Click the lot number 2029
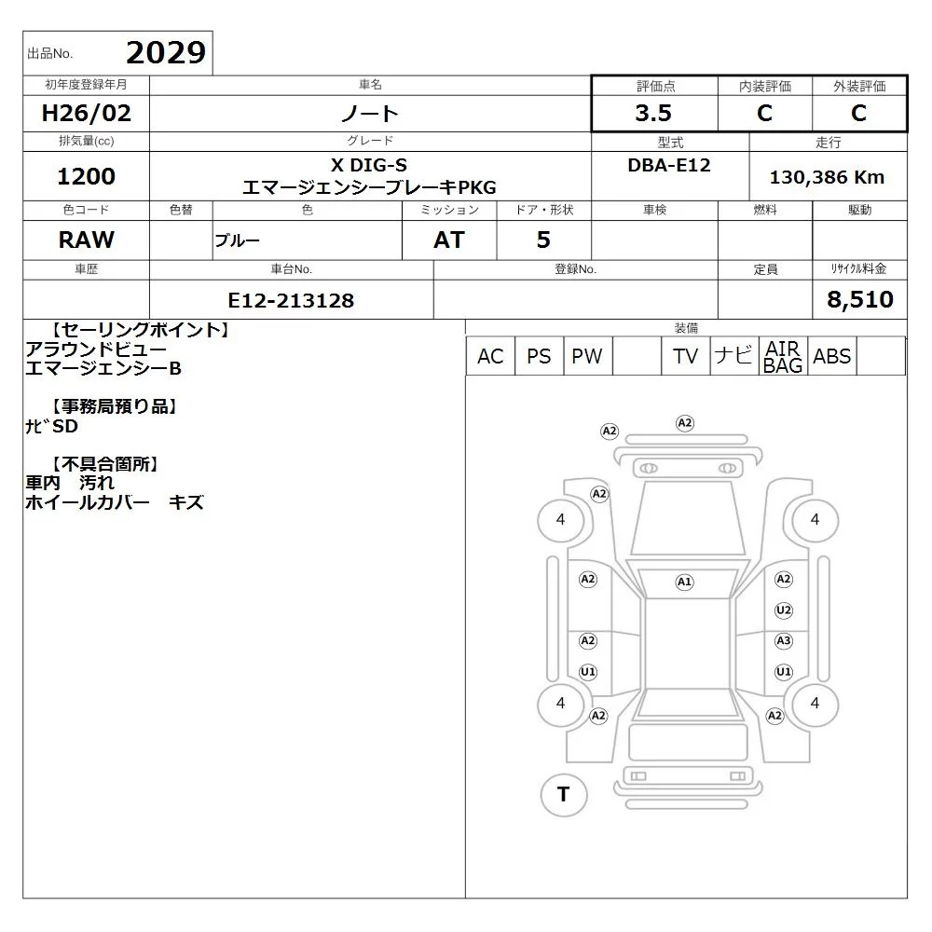(x=166, y=53)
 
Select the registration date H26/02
(x=86, y=113)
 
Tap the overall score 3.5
(x=653, y=113)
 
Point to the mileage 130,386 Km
(x=827, y=177)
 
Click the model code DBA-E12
(x=669, y=165)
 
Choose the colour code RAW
(x=86, y=240)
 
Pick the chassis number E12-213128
(x=291, y=300)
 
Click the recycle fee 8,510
(x=860, y=299)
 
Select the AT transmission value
(x=449, y=240)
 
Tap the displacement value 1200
(x=86, y=176)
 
